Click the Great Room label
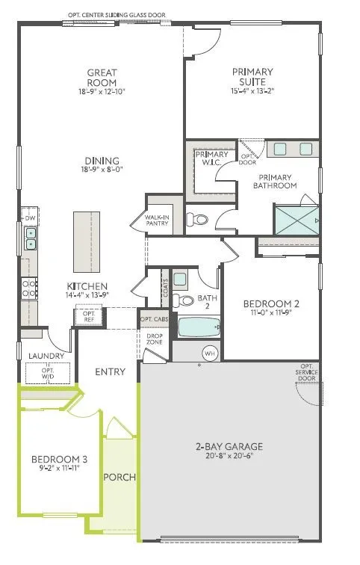click(x=102, y=78)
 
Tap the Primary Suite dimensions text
click(x=254, y=91)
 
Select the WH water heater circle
click(x=209, y=353)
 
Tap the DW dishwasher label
click(x=30, y=218)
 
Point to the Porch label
click(x=119, y=477)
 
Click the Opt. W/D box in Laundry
click(x=48, y=371)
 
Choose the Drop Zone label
click(x=154, y=338)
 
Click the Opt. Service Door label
click(x=305, y=371)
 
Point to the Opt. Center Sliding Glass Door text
click(x=117, y=14)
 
